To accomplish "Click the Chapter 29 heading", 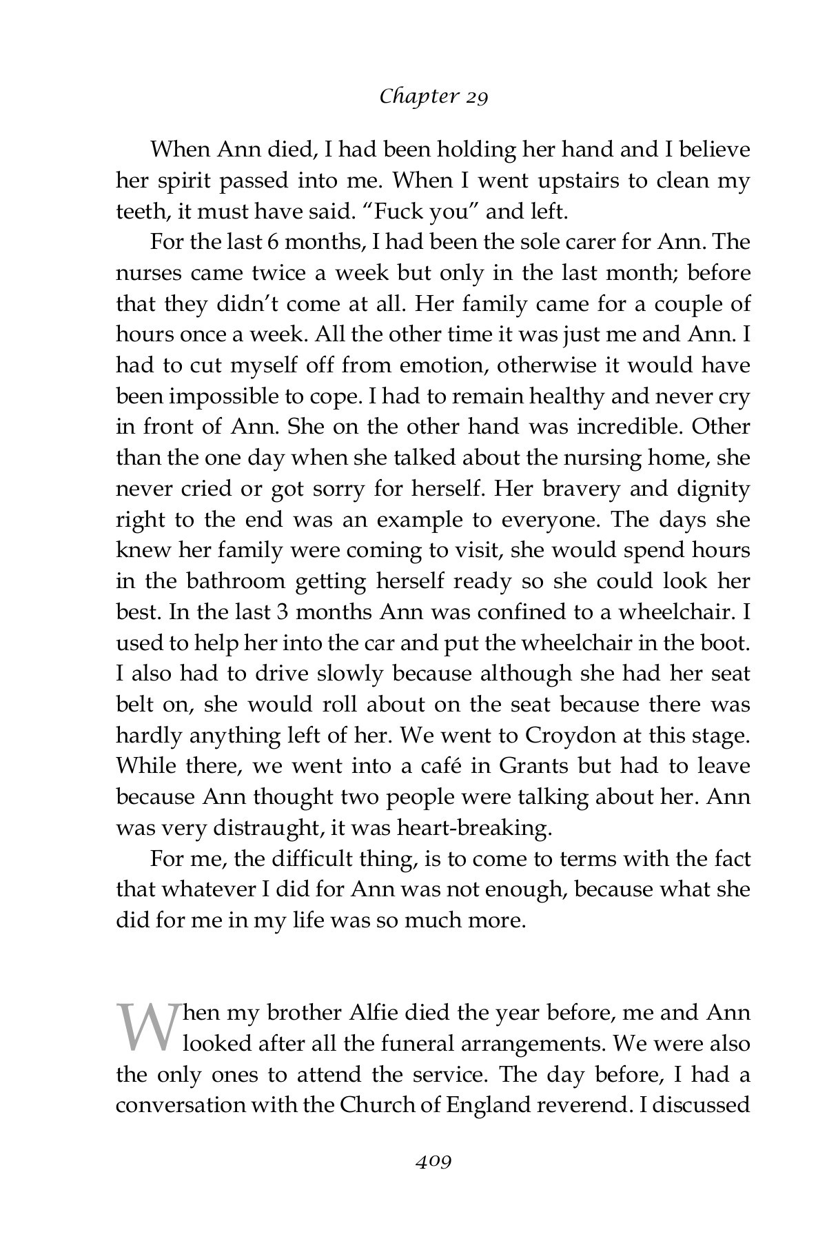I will (433, 97).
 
